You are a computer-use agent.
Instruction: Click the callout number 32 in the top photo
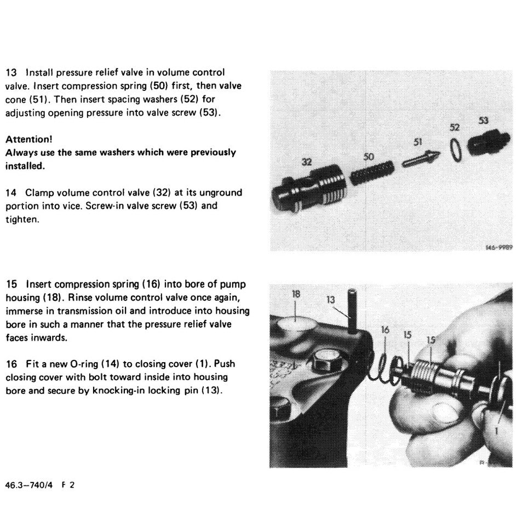pos(307,163)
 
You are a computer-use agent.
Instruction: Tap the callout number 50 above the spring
pos(369,157)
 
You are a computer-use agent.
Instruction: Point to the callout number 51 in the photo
pos(418,142)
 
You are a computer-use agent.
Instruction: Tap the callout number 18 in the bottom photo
pos(296,294)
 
